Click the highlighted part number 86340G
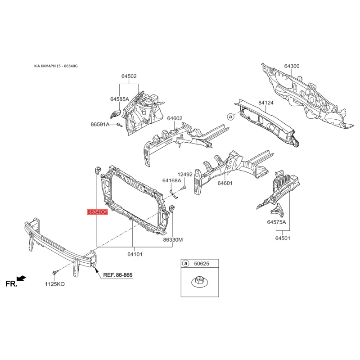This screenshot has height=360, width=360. (x=97, y=212)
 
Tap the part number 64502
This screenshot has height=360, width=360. (x=129, y=76)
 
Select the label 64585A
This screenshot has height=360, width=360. (x=120, y=99)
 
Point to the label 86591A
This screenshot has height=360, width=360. (x=100, y=125)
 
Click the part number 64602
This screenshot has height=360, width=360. (x=175, y=118)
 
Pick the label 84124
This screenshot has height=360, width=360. (x=266, y=103)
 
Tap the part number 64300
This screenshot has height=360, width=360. (x=292, y=66)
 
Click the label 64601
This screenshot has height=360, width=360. (x=225, y=183)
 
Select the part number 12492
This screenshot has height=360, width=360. (x=185, y=175)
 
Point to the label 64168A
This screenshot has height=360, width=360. (x=172, y=181)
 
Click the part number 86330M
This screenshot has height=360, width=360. (x=173, y=240)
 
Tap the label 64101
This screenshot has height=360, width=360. (x=135, y=254)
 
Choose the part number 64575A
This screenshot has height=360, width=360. (x=276, y=222)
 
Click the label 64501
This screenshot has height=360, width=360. (x=283, y=238)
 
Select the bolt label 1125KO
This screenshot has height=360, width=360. (x=54, y=284)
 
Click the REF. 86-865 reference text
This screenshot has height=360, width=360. (x=118, y=275)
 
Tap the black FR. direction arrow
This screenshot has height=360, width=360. (x=22, y=278)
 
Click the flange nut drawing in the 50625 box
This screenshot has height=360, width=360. (x=199, y=283)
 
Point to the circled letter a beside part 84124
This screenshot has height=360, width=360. (x=230, y=117)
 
